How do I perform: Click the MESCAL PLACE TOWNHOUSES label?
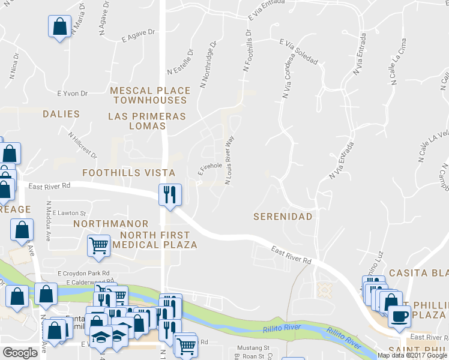coord(150,95)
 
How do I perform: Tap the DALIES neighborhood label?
coord(61,113)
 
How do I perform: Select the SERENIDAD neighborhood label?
coord(283,216)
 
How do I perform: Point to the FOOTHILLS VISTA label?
coord(129,173)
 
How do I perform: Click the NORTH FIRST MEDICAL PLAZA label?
coord(155,239)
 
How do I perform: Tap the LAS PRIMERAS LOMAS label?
coord(147,121)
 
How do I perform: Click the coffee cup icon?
coord(399,316)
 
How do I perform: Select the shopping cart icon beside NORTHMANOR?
coord(98,245)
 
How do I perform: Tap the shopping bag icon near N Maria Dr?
coord(60,27)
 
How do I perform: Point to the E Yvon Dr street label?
coord(72,94)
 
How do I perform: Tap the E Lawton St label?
coord(70,213)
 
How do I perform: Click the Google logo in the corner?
coord(20,353)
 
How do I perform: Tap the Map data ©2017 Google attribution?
coord(412,355)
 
